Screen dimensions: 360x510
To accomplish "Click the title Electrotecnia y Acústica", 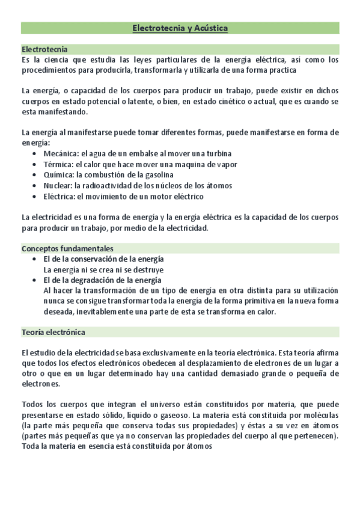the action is point(180,28).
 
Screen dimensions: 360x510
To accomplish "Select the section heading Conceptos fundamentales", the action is point(67,248).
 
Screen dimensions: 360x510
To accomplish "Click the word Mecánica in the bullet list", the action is point(61,153).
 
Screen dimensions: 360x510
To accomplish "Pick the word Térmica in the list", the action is point(59,164).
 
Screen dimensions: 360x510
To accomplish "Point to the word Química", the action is point(59,175).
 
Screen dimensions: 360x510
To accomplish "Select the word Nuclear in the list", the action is point(58,186).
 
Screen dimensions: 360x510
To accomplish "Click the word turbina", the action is point(218,153).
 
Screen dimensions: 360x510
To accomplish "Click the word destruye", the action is point(147,270).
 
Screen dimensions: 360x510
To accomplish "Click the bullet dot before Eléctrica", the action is point(34,197).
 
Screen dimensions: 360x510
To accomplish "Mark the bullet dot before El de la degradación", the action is point(34,280).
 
